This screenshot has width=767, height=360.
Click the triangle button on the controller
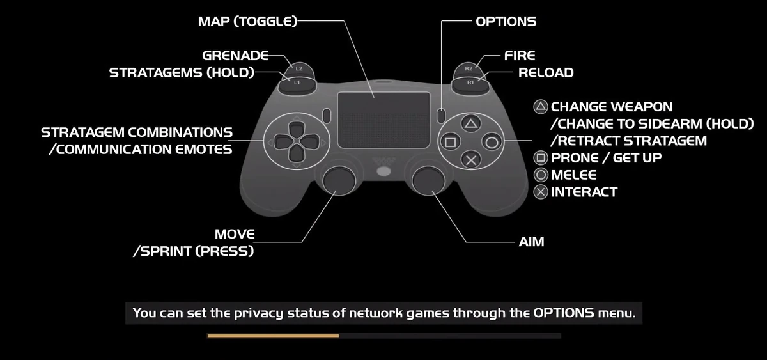click(x=470, y=123)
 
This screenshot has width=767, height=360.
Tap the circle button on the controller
click(x=491, y=141)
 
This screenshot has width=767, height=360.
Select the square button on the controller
click(x=450, y=141)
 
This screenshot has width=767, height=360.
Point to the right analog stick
click(x=426, y=182)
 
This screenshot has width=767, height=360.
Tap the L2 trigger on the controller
click(x=298, y=67)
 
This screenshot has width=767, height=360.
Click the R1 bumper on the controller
click(x=470, y=82)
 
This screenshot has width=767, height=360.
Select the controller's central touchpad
click(x=383, y=111)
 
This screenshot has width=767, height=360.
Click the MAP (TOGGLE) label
click(x=247, y=21)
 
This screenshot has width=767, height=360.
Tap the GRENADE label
click(x=235, y=56)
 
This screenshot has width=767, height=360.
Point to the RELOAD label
click(x=545, y=72)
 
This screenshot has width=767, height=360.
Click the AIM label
click(x=531, y=242)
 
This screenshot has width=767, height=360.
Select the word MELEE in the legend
click(x=573, y=175)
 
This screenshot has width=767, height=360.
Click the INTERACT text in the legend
click(x=584, y=192)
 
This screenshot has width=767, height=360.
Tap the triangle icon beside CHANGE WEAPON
click(x=541, y=106)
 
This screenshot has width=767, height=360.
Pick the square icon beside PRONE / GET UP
click(x=541, y=157)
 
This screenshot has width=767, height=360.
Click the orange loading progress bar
click(x=273, y=335)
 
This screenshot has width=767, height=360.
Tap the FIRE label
click(x=520, y=56)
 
